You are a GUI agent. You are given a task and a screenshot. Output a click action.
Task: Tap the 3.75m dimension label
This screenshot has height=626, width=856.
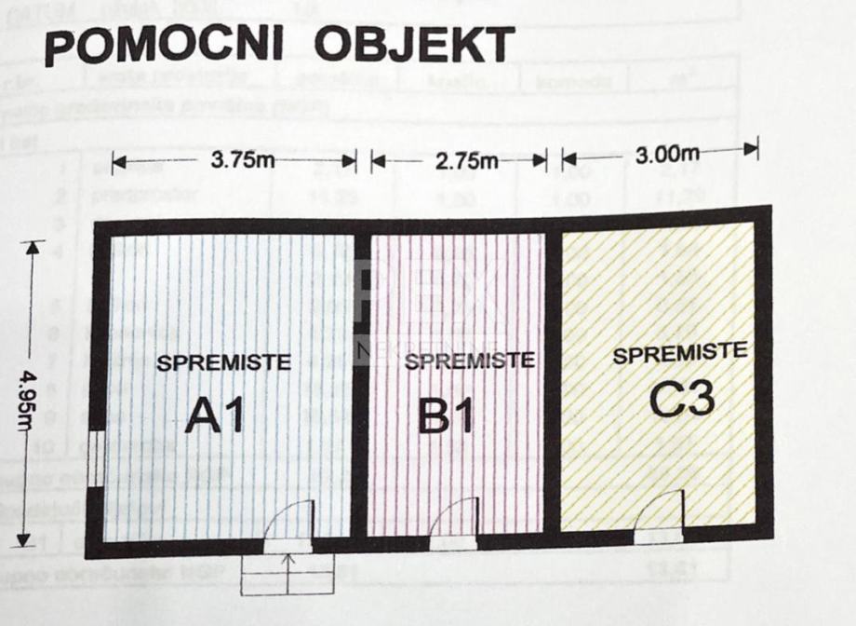tap(242, 159)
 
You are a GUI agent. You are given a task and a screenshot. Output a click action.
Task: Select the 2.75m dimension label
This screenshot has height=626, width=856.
tap(467, 159)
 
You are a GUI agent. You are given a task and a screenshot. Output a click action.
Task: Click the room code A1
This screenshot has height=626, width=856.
tap(215, 415)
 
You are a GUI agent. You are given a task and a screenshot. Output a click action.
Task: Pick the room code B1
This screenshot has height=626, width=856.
tap(447, 417)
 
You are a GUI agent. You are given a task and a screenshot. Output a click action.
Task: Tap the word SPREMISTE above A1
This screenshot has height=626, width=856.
tap(223, 363)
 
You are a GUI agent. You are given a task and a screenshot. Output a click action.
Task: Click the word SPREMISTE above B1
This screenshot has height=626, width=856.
tap(470, 361)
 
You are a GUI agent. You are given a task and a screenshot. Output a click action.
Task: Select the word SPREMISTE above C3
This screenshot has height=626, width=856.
tap(680, 353)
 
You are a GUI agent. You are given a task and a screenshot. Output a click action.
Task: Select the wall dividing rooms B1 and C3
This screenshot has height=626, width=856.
tap(552, 382)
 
